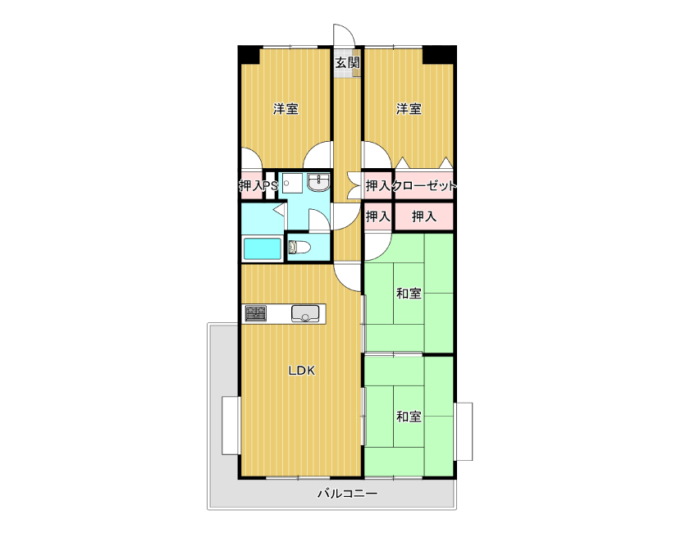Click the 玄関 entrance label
347,62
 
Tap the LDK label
302,371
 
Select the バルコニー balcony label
347,494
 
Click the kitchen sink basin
305,313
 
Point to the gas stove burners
256,313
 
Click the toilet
299,248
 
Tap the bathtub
263,249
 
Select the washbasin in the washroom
319,182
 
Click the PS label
271,186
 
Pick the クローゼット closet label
424,186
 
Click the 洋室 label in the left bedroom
286,108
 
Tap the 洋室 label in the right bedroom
409,108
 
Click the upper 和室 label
409,294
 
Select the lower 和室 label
409,417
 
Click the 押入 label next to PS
251,186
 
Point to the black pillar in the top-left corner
249,55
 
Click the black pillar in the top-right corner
439,55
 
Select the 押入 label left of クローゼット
378,186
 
